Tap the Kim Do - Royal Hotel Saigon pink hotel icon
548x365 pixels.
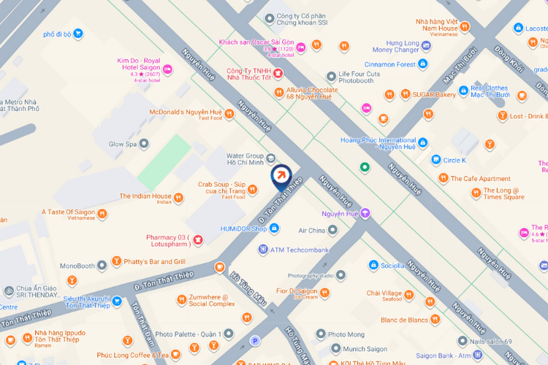coord(167,69)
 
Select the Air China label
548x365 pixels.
coord(311,231)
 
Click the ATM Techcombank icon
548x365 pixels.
coord(263,250)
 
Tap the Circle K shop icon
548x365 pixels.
coord(436,160)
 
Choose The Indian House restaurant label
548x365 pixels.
coord(145,196)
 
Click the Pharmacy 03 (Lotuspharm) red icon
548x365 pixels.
coord(198,240)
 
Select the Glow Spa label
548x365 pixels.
coord(123,145)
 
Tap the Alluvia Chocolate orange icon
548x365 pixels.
coord(278,92)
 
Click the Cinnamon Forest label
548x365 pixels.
coord(385,64)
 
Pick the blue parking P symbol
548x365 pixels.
coord(255,340)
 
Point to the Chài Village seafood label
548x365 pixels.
coord(384,293)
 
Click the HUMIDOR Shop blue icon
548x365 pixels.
coord(274,228)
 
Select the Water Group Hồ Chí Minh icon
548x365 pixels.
coord(271,158)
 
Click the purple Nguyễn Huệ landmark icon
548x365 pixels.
coord(365,213)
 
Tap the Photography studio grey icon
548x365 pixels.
coord(340,275)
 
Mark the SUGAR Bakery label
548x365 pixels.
coord(435,94)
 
